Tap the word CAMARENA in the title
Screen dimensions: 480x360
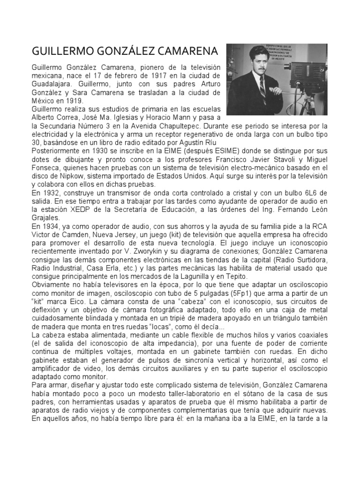pyautogui.click(x=186, y=50)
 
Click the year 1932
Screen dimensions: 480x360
pyautogui.click(x=51, y=193)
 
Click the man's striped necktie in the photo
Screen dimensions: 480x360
pyautogui.click(x=263, y=90)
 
